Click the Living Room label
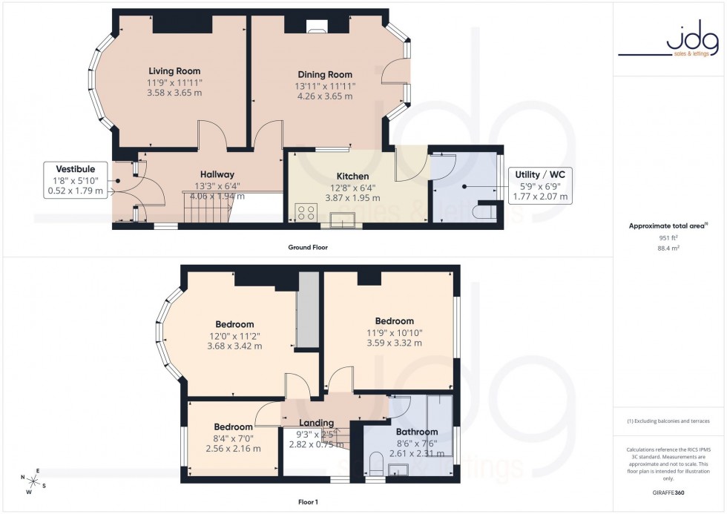[x=174, y=71]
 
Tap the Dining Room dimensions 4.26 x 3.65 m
[x=324, y=96]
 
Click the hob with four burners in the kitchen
[x=306, y=213]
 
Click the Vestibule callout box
[x=75, y=179]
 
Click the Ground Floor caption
[x=309, y=247]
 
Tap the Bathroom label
[x=416, y=432]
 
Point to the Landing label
[x=316, y=424]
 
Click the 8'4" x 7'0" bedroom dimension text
[x=234, y=438]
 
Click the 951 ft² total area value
[x=669, y=237]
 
